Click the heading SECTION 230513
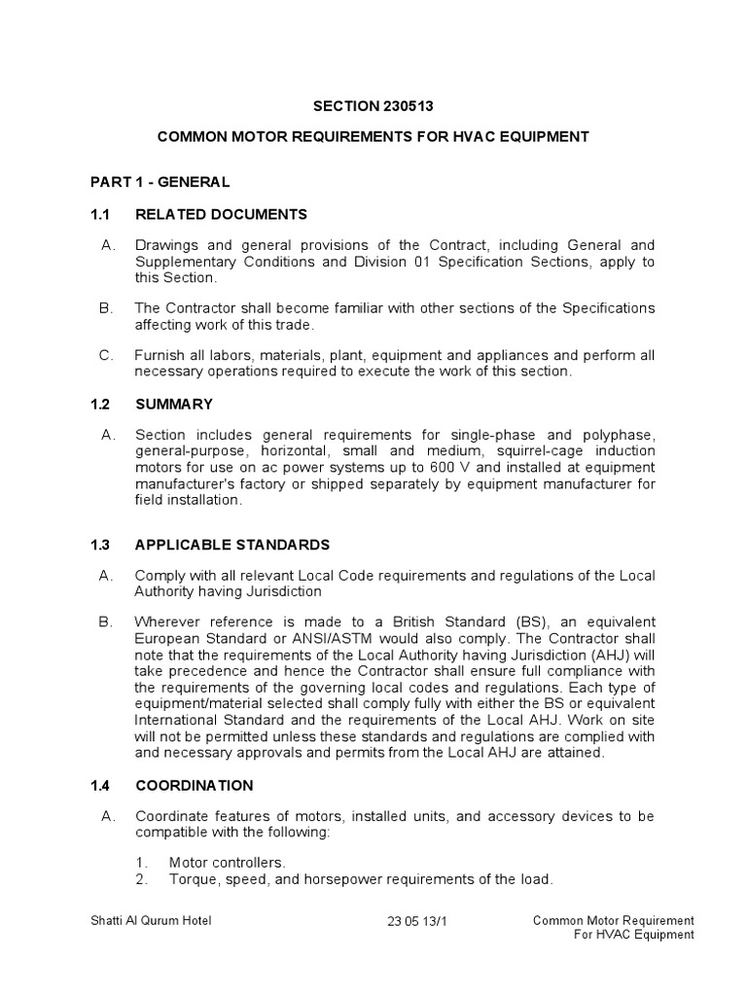[373, 106]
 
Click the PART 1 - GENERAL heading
[160, 182]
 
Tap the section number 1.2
[101, 404]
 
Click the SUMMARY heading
[174, 404]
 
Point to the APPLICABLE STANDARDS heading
[232, 545]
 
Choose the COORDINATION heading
[195, 785]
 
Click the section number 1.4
[101, 785]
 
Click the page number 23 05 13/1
[418, 920]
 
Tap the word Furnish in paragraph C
[159, 355]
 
